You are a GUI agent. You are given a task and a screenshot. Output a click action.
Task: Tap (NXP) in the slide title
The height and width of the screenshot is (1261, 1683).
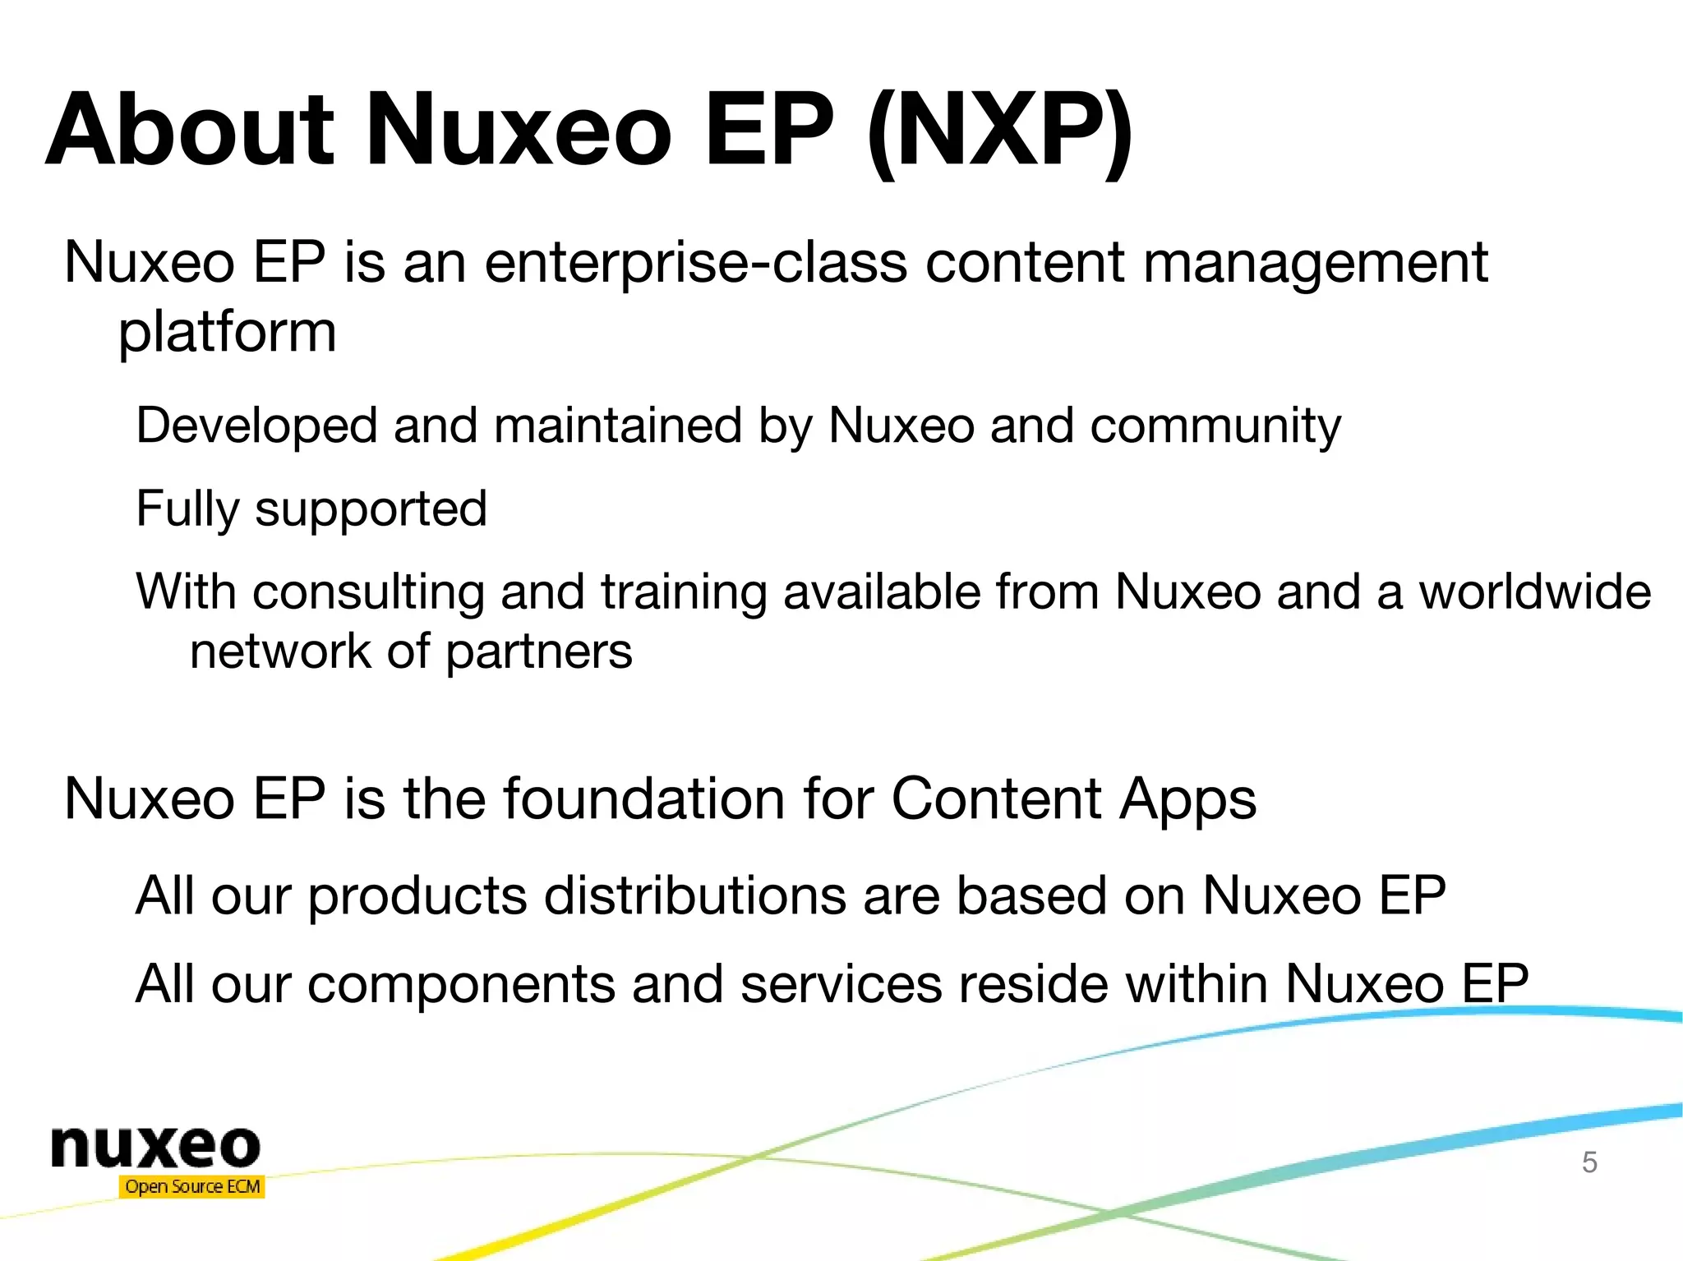[x=999, y=131]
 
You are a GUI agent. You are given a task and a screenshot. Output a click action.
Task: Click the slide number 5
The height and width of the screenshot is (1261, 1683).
[x=1589, y=1162]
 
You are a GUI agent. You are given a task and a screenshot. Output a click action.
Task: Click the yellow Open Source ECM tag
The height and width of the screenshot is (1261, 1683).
[x=192, y=1186]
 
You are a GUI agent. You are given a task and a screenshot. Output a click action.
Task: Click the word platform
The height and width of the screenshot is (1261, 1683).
[x=228, y=333]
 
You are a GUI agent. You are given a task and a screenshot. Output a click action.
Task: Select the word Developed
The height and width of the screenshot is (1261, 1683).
[x=256, y=426]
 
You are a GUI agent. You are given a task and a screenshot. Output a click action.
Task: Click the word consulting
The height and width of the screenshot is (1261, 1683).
[x=368, y=592]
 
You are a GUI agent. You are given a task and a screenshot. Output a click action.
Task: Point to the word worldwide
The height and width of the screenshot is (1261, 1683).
[x=1535, y=591]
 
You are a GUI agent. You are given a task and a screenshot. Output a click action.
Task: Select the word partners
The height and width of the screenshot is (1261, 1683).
[x=539, y=652]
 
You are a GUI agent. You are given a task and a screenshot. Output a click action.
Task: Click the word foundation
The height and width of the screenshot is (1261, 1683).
[x=644, y=798]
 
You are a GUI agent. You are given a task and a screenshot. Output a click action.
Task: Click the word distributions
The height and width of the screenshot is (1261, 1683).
[x=694, y=895]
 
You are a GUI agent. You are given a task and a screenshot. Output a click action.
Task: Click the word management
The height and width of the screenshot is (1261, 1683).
[x=1315, y=264]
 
